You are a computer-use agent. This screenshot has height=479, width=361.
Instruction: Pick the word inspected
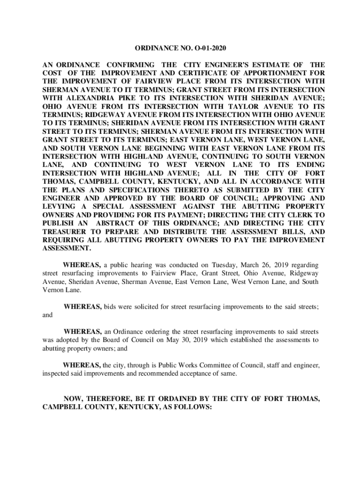57,374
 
